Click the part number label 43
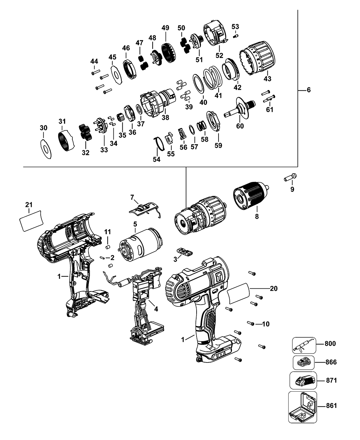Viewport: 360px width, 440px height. click(267, 78)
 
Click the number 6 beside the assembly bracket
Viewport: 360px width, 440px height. click(309, 90)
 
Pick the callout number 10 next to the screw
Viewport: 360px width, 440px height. click(265, 324)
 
